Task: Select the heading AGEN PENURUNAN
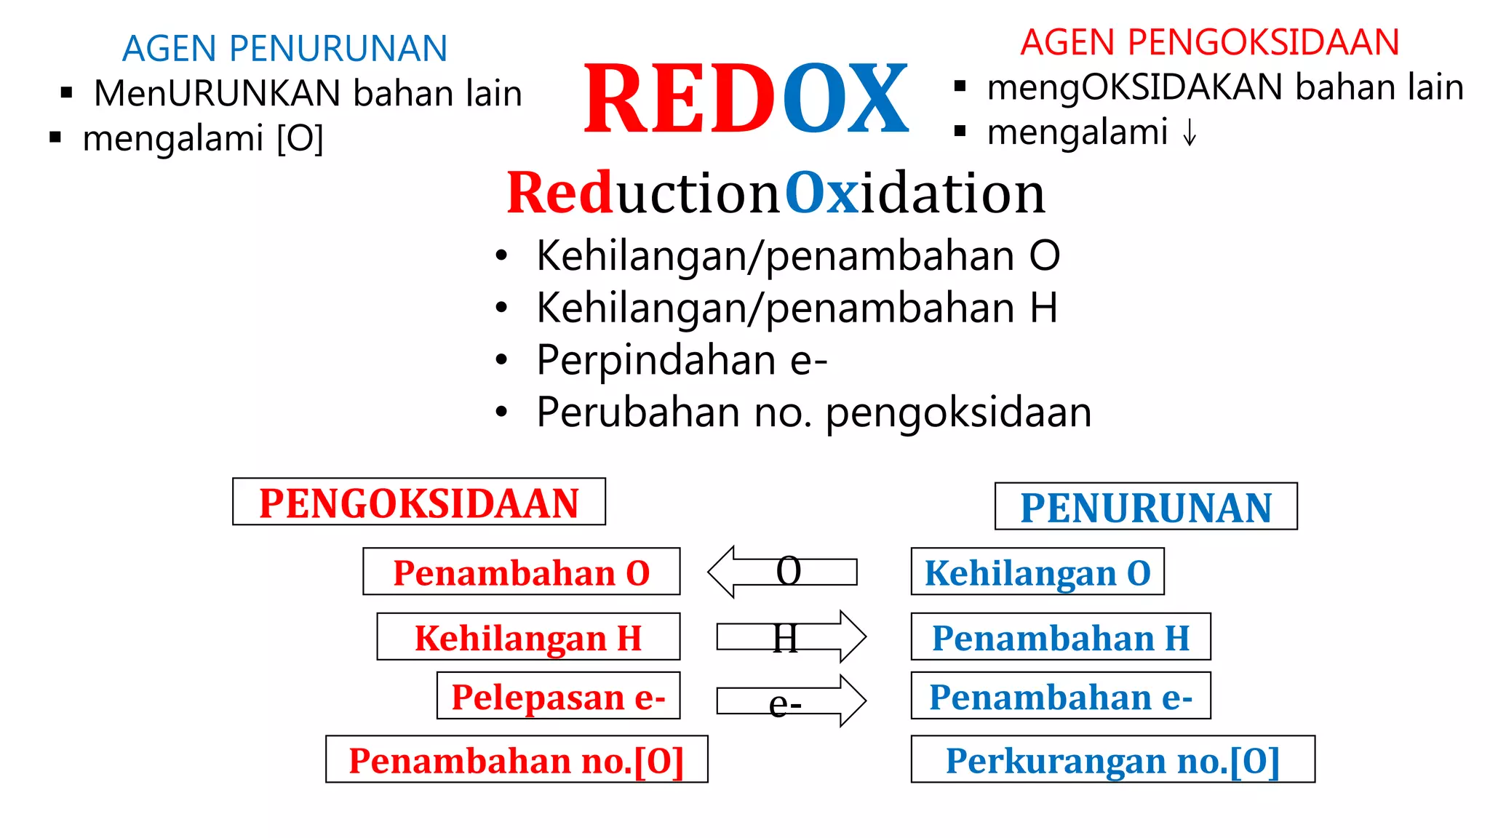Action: (284, 49)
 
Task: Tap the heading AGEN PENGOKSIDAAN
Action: (1209, 42)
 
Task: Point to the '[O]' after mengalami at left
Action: (300, 138)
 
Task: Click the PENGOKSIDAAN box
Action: (419, 502)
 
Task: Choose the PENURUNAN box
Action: (1145, 507)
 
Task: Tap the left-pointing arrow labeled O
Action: (782, 572)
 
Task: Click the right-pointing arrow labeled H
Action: (791, 637)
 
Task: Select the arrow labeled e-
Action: (791, 701)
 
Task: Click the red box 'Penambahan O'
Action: (521, 572)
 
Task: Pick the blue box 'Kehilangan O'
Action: (1037, 572)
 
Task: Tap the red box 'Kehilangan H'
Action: (528, 637)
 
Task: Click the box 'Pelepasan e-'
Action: (558, 696)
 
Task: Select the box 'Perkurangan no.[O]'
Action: (1112, 759)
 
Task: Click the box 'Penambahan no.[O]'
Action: (517, 759)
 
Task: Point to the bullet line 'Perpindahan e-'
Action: (681, 360)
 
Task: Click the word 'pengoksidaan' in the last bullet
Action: (958, 412)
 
